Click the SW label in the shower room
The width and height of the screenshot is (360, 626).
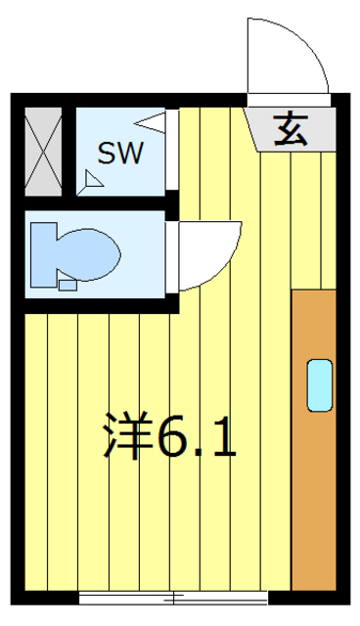pyautogui.click(x=121, y=153)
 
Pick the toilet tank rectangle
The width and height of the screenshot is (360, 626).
pyautogui.click(x=45, y=252)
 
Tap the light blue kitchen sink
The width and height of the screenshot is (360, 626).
pyautogui.click(x=319, y=384)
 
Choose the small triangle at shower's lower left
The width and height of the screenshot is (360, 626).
pyautogui.click(x=94, y=179)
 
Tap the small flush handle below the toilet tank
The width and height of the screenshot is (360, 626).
pyautogui.click(x=67, y=287)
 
